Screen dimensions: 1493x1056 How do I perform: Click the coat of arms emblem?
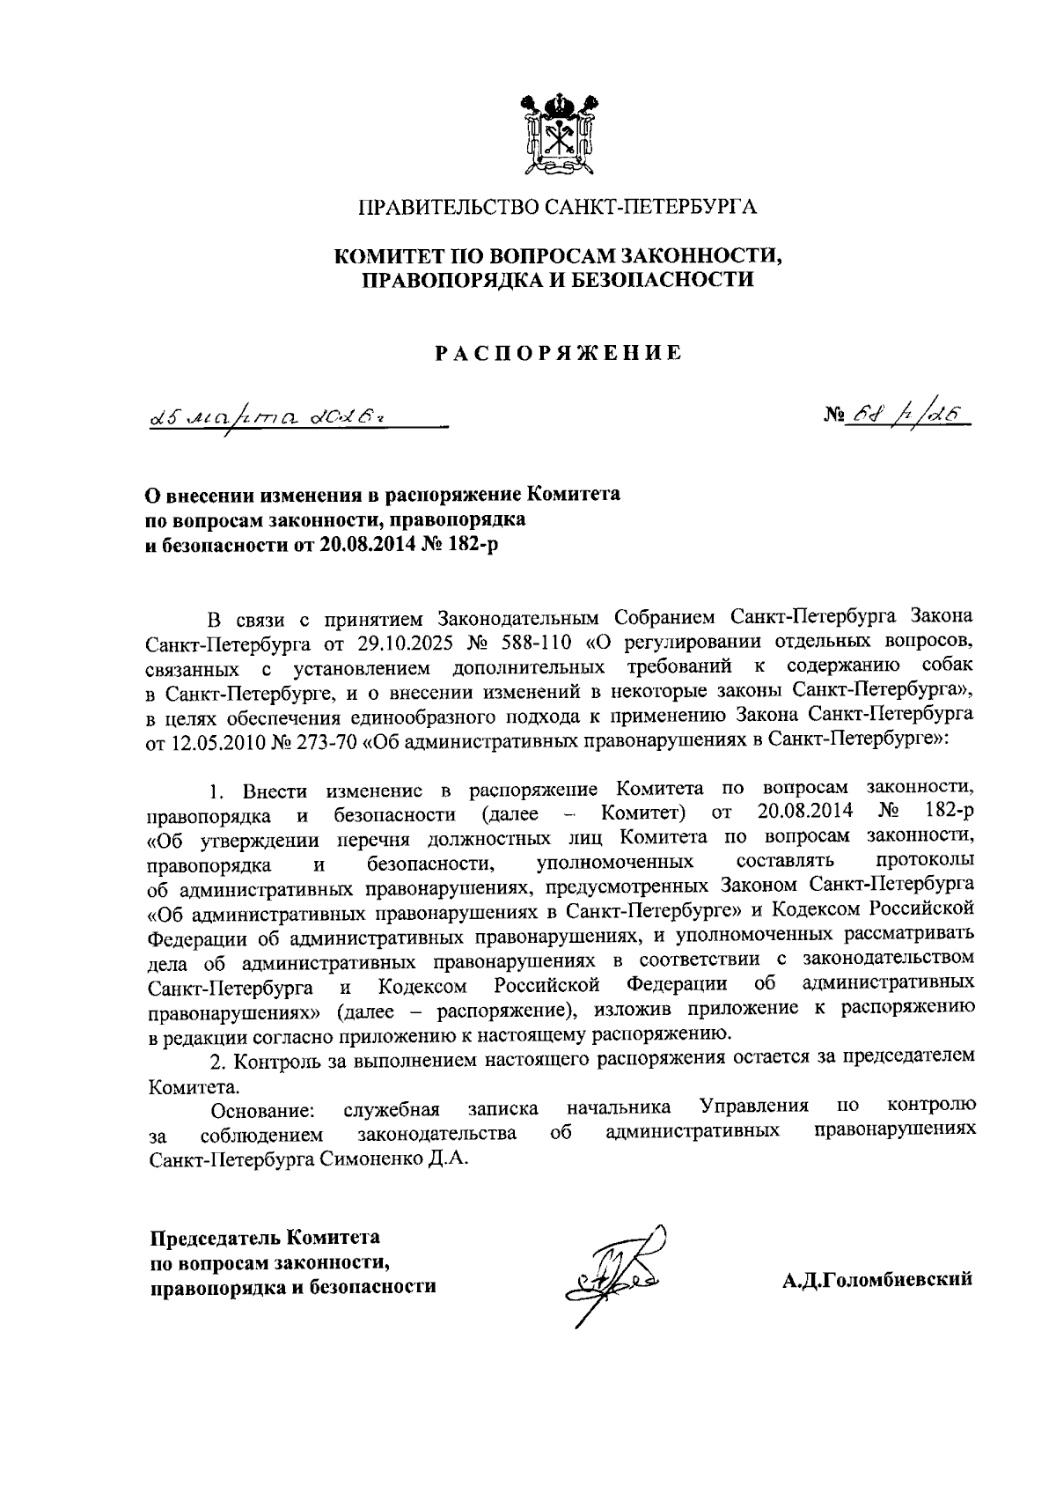(x=558, y=134)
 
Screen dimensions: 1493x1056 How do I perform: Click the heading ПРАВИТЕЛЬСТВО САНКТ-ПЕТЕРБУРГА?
(x=558, y=209)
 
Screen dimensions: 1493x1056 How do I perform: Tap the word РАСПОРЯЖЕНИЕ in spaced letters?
(x=558, y=354)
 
